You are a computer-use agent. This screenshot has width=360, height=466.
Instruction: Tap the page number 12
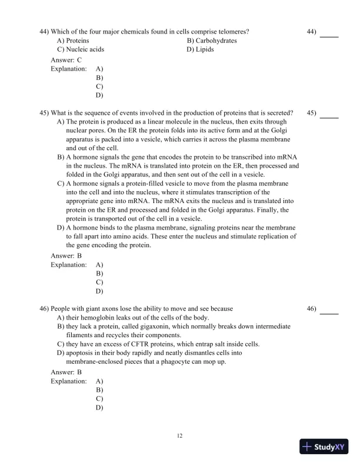[180, 435]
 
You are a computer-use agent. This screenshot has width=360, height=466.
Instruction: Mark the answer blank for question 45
[329, 117]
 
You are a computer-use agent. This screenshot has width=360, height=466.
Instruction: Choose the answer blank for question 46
[329, 313]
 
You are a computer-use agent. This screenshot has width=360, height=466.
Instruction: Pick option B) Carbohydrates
[212, 40]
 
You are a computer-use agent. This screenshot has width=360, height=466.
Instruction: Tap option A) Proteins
[73, 40]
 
